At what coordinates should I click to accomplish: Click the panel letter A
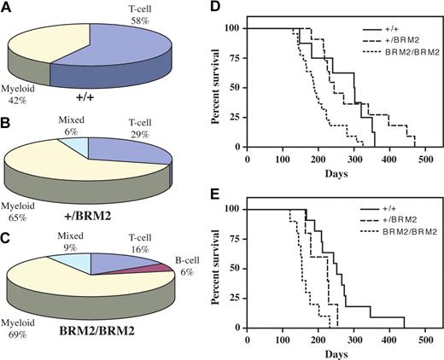(x=8, y=9)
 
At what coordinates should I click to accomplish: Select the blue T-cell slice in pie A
(x=141, y=60)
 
